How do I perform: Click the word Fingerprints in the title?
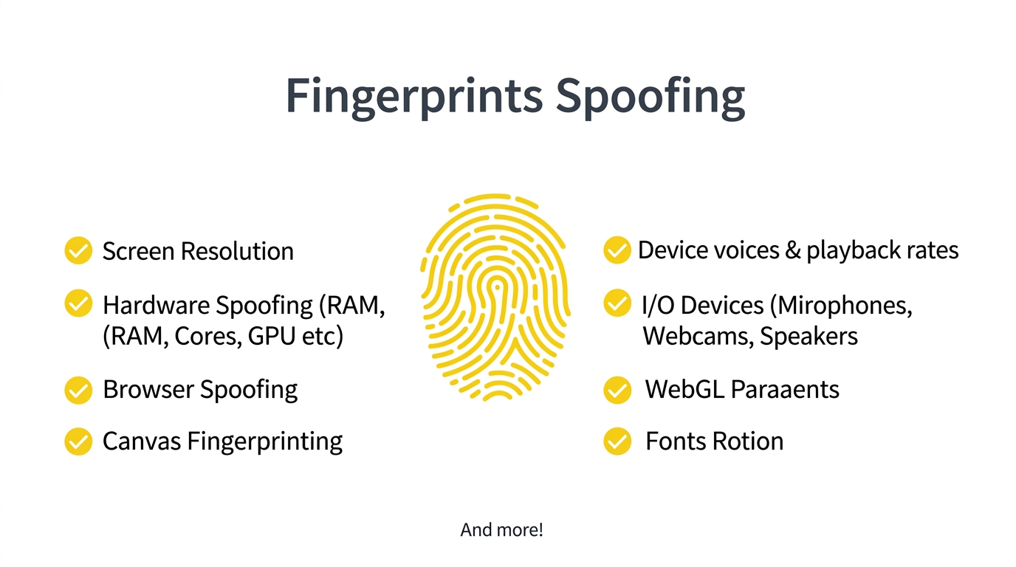(x=414, y=97)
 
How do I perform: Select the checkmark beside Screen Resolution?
(x=78, y=250)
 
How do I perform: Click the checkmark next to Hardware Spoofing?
(x=78, y=303)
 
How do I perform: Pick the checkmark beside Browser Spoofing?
(x=78, y=390)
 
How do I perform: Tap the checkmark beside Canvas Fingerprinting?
(x=78, y=441)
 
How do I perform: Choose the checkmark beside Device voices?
(x=617, y=250)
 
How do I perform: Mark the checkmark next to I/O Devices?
(x=617, y=303)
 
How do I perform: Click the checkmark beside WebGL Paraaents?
(x=617, y=390)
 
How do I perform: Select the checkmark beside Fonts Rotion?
(x=617, y=441)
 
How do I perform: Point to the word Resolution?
(x=237, y=251)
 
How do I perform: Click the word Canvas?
(x=142, y=441)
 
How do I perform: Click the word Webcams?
(x=698, y=336)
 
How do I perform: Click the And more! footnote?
(x=501, y=530)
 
